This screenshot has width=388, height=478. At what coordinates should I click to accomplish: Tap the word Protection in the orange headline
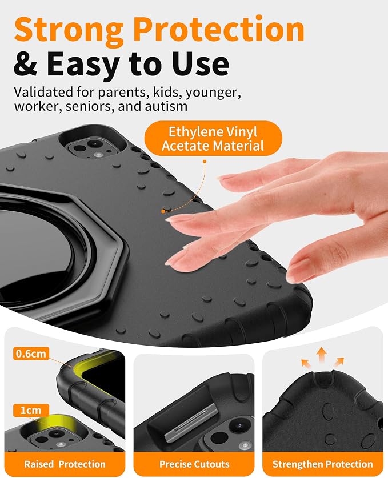pyautogui.click(x=219, y=29)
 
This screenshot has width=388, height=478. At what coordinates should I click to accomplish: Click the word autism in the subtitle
pyautogui.click(x=166, y=106)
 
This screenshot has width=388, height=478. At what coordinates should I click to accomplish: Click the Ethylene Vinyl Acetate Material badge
pyautogui.click(x=213, y=138)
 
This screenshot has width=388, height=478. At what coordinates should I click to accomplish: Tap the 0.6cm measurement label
pyautogui.click(x=31, y=354)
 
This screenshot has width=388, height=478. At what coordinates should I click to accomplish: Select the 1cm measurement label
pyautogui.click(x=31, y=410)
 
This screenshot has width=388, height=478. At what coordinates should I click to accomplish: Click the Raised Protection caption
pyautogui.click(x=65, y=464)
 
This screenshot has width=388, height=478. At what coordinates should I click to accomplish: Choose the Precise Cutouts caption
pyautogui.click(x=194, y=464)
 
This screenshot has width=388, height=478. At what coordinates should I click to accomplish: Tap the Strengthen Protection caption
pyautogui.click(x=323, y=464)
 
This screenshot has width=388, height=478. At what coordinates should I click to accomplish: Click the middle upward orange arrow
pyautogui.click(x=322, y=355)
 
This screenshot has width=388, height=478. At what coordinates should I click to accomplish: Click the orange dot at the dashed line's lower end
pyautogui.click(x=163, y=211)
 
